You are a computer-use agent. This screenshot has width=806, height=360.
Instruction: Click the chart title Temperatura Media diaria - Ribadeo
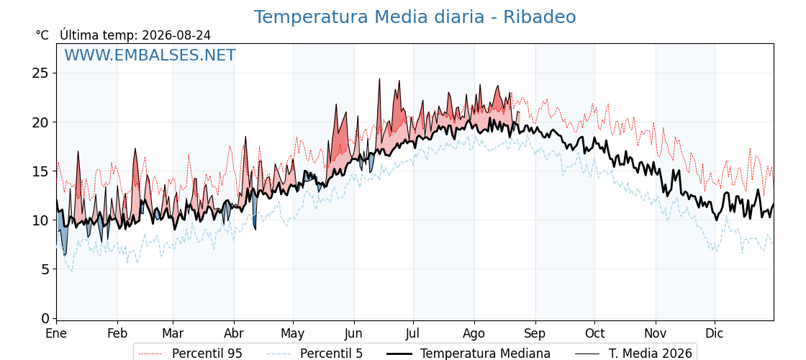415,17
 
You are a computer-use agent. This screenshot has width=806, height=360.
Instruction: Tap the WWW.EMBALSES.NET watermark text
150,55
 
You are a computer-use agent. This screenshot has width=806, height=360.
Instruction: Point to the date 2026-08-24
176,35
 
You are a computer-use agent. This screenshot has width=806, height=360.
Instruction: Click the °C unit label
42,35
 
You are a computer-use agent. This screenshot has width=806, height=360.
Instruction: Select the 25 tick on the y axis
41,73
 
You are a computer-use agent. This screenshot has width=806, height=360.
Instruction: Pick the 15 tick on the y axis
41,171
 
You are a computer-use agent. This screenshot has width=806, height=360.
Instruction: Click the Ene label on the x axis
57,333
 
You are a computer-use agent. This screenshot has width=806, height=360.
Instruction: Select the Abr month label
234,333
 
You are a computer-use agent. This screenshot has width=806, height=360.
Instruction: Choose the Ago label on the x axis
474,334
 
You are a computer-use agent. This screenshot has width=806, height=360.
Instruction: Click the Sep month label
535,334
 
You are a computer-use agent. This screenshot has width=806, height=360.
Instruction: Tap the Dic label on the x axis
715,333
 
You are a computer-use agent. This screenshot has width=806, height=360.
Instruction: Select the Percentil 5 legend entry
315,354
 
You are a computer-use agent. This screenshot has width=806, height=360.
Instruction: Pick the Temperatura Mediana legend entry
468,354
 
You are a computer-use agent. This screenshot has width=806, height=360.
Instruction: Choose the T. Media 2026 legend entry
633,354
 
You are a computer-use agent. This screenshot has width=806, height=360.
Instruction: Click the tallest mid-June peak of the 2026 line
379,78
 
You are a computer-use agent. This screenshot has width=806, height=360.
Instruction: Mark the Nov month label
656,333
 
